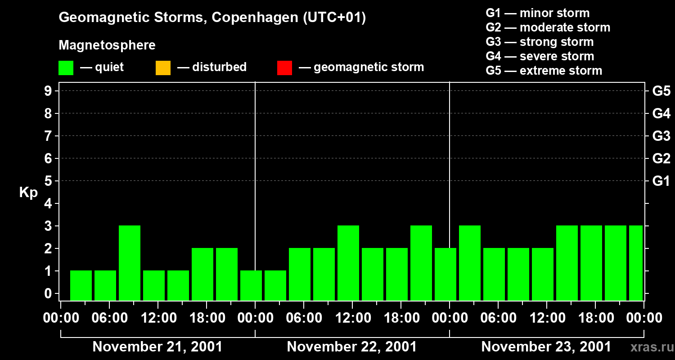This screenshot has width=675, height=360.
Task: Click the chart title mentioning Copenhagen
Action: point(212,18)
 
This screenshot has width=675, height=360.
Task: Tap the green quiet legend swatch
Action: point(66,67)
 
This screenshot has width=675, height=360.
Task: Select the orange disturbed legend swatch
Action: point(163,67)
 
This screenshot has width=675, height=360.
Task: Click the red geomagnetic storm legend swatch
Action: point(284,67)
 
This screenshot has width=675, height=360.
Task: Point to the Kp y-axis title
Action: point(28,193)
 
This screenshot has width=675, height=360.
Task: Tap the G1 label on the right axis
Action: point(661,181)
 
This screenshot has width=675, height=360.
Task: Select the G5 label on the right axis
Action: point(661,91)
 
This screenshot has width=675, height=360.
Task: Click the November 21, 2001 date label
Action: point(157,347)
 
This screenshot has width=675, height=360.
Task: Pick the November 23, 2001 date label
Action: point(546,347)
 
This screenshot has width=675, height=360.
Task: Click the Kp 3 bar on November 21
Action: point(130,263)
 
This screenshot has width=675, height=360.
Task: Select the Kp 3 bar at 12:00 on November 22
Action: point(348,263)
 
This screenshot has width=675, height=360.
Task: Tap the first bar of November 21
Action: point(81,285)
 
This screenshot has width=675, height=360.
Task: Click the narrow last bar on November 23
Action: point(635,263)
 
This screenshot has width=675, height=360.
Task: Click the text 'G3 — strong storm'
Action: point(540,42)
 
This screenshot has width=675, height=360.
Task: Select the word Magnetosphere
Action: point(107,45)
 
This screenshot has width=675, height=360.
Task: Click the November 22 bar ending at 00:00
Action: point(445,274)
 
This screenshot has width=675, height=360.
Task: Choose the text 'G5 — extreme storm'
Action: point(544,71)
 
